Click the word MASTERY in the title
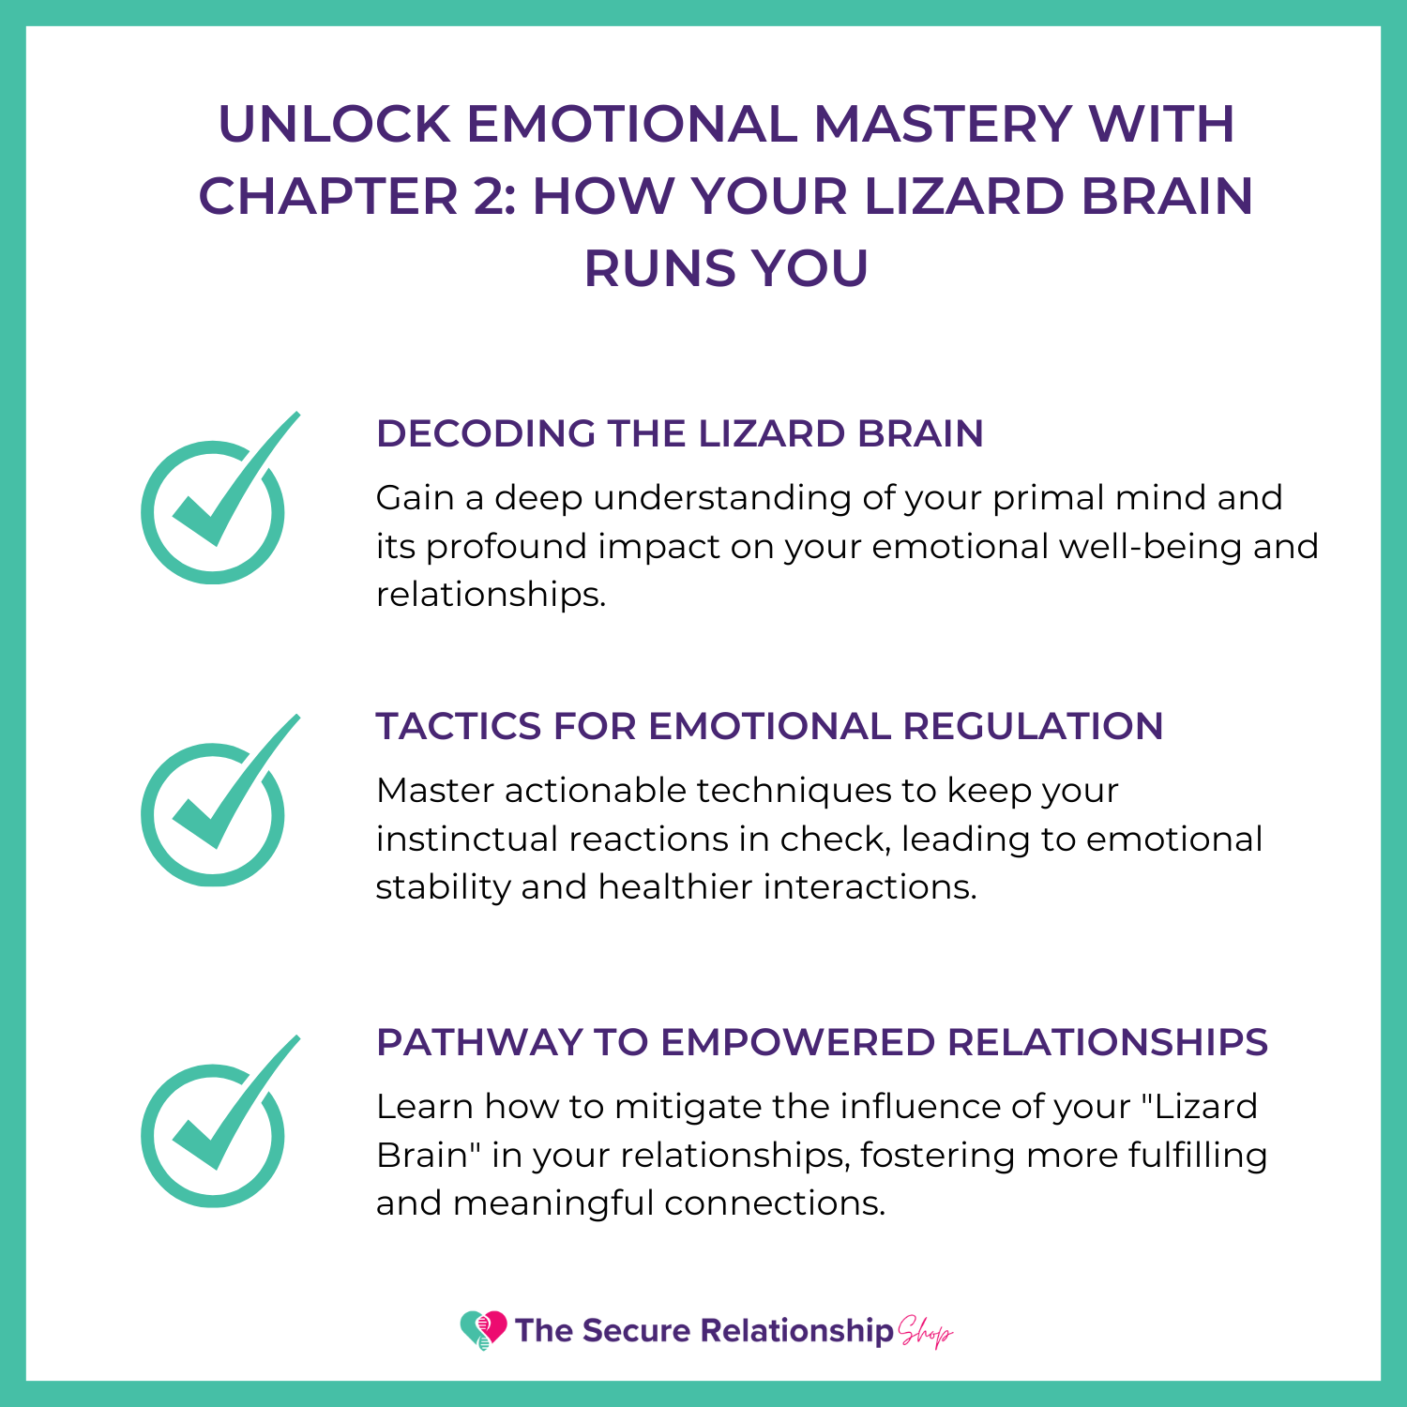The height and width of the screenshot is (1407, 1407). (x=942, y=124)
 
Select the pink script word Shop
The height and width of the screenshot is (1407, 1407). (x=925, y=1331)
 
